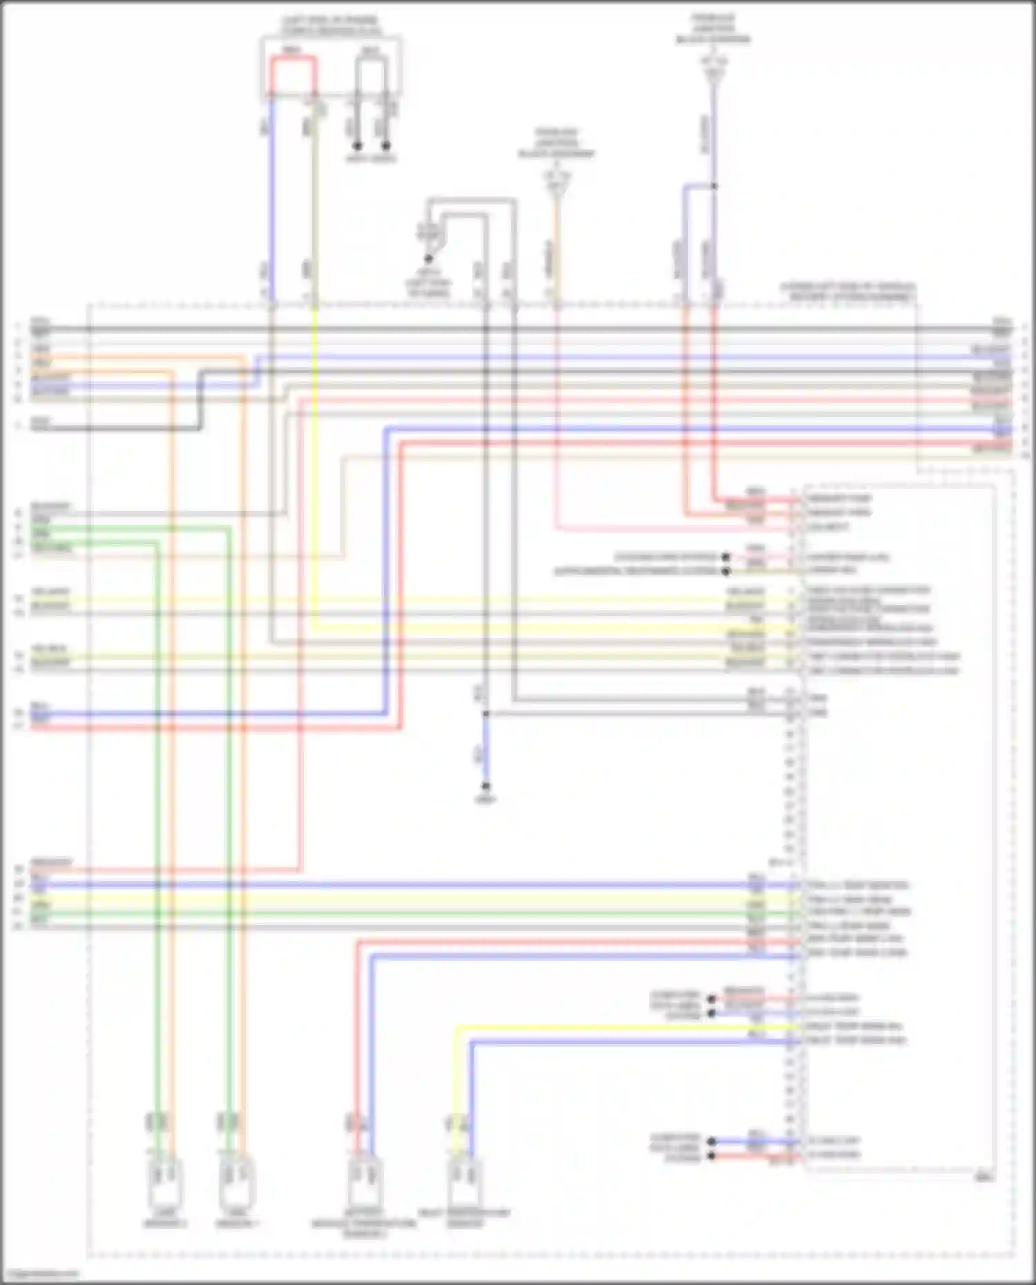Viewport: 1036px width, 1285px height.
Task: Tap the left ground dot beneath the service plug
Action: (x=357, y=146)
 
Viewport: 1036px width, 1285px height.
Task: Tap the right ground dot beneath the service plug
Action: (x=386, y=146)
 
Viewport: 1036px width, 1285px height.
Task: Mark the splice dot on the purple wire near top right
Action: (x=714, y=186)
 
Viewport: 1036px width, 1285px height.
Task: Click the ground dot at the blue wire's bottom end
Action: (x=486, y=786)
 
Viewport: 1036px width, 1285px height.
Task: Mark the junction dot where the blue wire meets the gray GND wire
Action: (x=486, y=713)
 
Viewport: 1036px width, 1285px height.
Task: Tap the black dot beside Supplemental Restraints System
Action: (x=726, y=571)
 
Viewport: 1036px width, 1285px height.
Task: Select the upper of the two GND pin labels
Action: (x=818, y=698)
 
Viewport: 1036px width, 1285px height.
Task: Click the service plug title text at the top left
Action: (x=332, y=26)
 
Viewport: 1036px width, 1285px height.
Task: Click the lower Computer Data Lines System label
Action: (x=675, y=1148)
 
